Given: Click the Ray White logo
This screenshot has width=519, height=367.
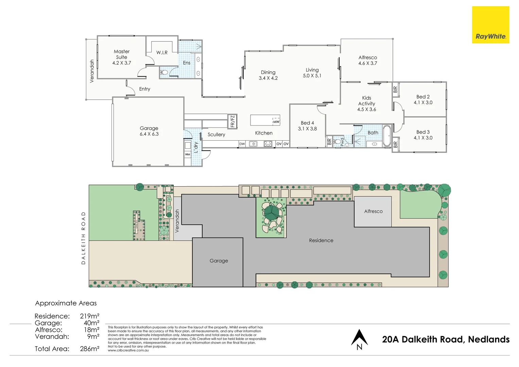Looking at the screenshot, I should click(x=490, y=25).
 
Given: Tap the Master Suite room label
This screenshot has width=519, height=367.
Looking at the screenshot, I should click(x=122, y=54).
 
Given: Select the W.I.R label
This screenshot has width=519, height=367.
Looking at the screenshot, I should click(x=162, y=53).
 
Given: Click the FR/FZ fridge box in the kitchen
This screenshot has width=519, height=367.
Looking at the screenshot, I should click(x=232, y=121).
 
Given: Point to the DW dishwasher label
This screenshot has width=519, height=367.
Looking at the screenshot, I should click(x=242, y=144).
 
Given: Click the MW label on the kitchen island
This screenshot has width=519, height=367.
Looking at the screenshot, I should click(x=276, y=122).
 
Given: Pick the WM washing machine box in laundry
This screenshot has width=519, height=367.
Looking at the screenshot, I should click(x=188, y=154).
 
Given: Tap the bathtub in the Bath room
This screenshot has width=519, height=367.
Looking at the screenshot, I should click(x=387, y=136).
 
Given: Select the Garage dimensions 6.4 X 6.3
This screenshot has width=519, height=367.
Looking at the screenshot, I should click(x=149, y=134).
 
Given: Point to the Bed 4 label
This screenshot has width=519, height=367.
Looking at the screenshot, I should click(x=307, y=123).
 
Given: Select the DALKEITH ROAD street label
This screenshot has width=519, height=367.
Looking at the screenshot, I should click(x=83, y=238).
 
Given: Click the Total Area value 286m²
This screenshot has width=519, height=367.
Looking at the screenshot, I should click(x=90, y=349).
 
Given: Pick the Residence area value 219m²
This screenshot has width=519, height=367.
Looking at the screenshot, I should click(x=90, y=316).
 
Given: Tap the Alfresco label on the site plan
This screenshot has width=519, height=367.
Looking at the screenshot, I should click(x=373, y=211).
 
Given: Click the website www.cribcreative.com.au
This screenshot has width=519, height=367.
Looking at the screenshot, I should click(x=128, y=350).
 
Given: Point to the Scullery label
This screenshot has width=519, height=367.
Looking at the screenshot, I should click(x=216, y=135).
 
